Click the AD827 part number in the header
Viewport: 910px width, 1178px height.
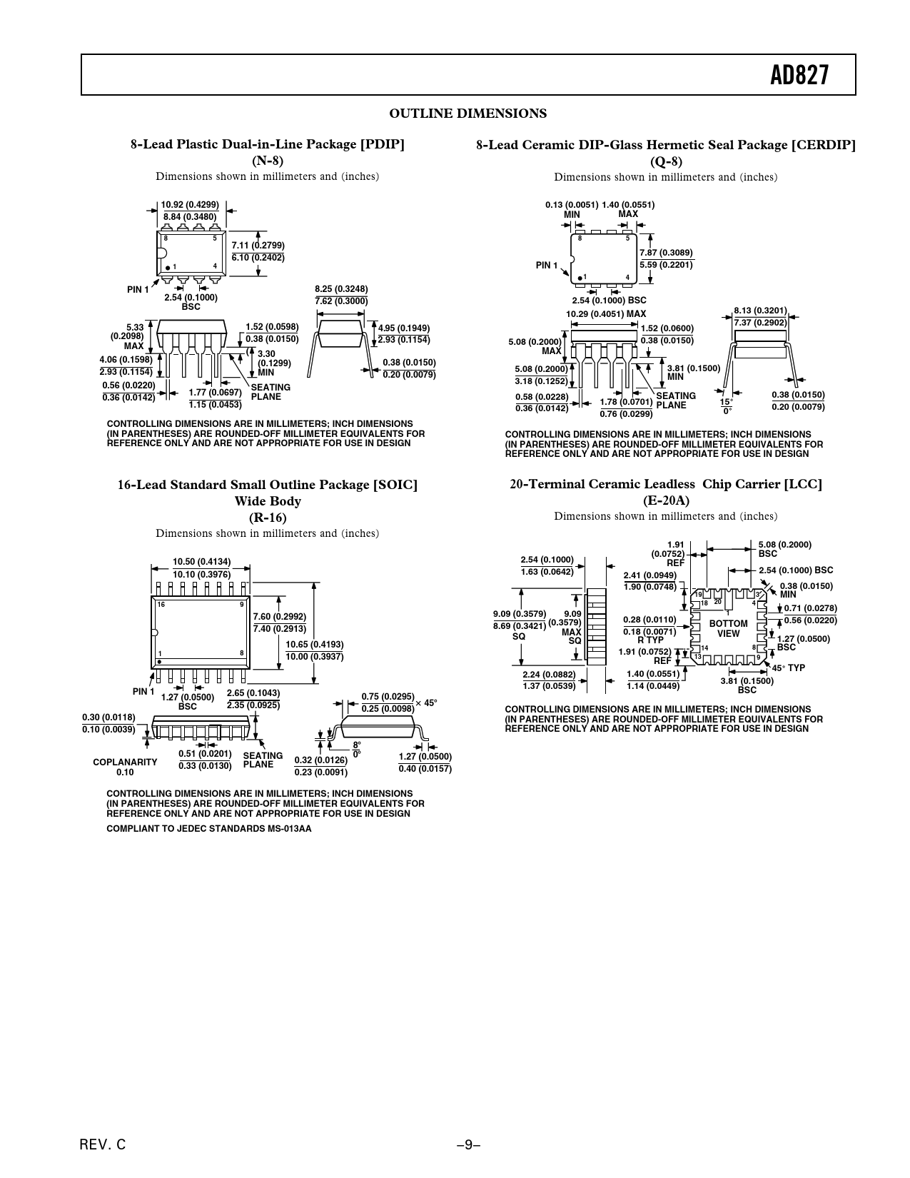pyautogui.click(x=800, y=75)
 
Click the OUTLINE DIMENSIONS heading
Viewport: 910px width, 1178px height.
pyautogui.click(x=467, y=114)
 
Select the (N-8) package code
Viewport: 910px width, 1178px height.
pyautogui.click(x=267, y=161)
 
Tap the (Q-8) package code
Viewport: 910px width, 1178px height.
pyautogui.click(x=665, y=161)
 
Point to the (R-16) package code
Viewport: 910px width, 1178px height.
pyautogui.click(x=267, y=518)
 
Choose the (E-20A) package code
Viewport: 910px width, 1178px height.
pyautogui.click(x=665, y=500)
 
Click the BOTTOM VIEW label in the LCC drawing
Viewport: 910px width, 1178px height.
pyautogui.click(x=728, y=628)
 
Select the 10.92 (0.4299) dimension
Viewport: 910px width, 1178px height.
pyautogui.click(x=190, y=205)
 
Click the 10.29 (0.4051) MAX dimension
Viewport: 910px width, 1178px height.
pyautogui.click(x=605, y=313)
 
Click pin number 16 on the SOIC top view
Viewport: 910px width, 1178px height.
pyautogui.click(x=161, y=605)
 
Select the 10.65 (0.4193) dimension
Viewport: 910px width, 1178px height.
pyautogui.click(x=315, y=645)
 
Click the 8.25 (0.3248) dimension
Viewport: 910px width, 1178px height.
pyautogui.click(x=341, y=289)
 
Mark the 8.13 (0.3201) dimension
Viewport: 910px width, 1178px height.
pyautogui.click(x=760, y=311)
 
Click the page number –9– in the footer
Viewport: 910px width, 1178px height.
pyautogui.click(x=468, y=1144)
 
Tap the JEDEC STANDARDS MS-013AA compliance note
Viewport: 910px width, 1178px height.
pyautogui.click(x=208, y=829)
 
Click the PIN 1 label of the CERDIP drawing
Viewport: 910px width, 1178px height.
pyautogui.click(x=547, y=266)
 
